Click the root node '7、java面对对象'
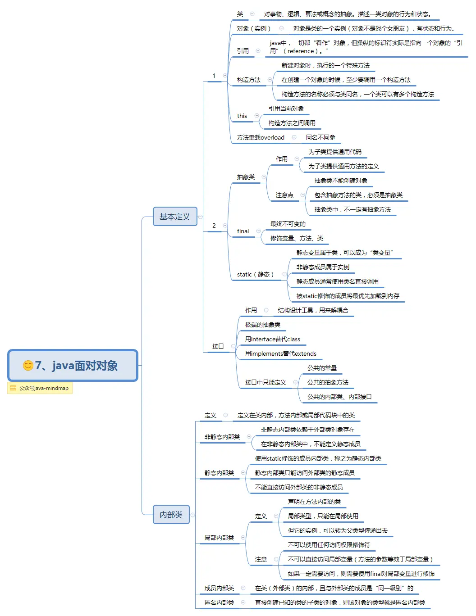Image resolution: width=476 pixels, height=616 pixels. [73, 365]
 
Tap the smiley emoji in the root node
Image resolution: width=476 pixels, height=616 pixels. [28, 365]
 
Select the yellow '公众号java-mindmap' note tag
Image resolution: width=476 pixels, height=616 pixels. [40, 388]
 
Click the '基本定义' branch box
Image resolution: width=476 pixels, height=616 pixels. [175, 217]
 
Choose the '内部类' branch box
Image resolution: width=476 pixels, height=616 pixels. [171, 515]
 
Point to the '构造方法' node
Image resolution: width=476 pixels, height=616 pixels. [249, 80]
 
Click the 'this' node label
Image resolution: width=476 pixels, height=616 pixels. [242, 116]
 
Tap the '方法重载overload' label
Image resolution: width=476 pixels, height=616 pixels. [261, 137]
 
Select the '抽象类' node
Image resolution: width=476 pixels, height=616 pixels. [246, 177]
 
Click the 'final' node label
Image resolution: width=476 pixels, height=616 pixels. [243, 231]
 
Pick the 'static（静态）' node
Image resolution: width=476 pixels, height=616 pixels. [255, 274]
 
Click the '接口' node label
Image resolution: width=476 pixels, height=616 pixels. [218, 346]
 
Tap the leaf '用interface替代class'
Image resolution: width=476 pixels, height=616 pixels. [272, 339]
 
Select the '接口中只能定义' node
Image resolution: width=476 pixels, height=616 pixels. [265, 382]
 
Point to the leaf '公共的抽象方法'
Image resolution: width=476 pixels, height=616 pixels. [328, 382]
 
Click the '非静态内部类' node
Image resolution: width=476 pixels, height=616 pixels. [222, 437]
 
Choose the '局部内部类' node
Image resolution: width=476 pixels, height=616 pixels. [219, 538]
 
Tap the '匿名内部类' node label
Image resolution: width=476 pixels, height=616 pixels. [219, 602]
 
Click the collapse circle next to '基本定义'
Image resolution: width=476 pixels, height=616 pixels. [200, 217]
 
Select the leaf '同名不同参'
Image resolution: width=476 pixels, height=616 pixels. [320, 137]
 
